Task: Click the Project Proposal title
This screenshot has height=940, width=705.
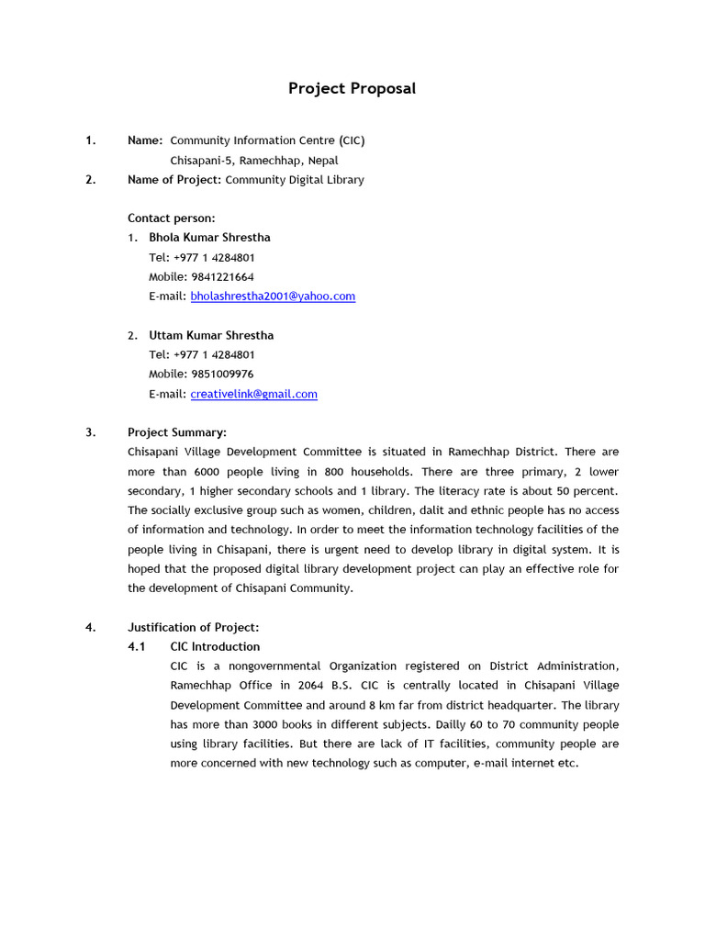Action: (352, 88)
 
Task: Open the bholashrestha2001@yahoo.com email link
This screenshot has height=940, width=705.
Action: (273, 297)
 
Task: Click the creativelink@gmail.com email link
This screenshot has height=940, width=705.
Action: (253, 394)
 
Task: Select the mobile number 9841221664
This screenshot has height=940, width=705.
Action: (222, 276)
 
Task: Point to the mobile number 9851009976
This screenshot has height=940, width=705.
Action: (222, 374)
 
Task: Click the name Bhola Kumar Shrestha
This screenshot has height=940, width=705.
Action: (209, 237)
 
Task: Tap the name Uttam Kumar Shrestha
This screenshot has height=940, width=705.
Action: (211, 335)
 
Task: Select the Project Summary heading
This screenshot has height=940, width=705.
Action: (177, 432)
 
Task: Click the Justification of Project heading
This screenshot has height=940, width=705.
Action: (194, 627)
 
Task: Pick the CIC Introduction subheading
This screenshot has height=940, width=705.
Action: (215, 646)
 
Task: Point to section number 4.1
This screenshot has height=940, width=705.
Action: (137, 646)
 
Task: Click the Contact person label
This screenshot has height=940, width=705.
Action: (172, 218)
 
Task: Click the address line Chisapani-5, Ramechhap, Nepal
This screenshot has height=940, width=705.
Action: (254, 160)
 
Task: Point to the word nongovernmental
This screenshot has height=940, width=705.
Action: (258, 666)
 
